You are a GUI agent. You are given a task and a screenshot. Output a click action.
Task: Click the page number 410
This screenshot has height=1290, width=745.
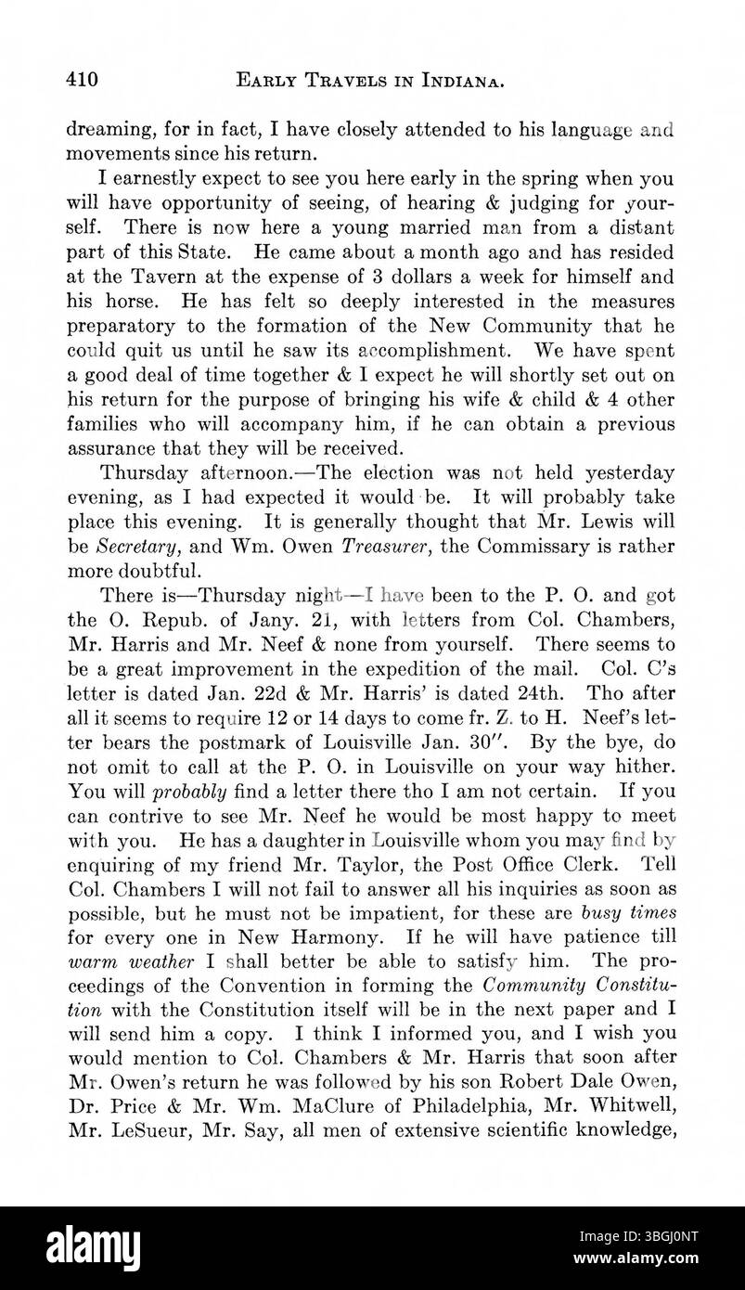(x=82, y=81)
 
